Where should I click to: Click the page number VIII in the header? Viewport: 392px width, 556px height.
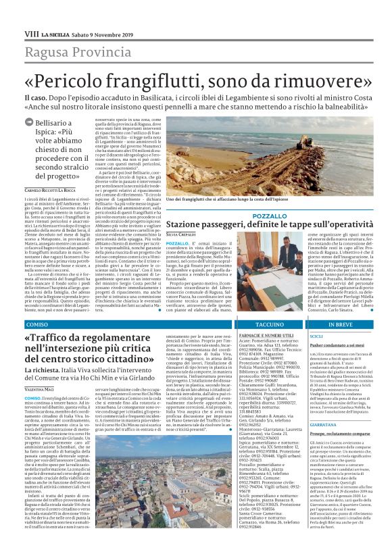[x=32, y=33]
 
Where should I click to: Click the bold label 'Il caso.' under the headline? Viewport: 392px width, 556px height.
[x=35, y=97]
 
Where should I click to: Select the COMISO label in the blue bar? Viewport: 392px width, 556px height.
[x=38, y=325]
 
